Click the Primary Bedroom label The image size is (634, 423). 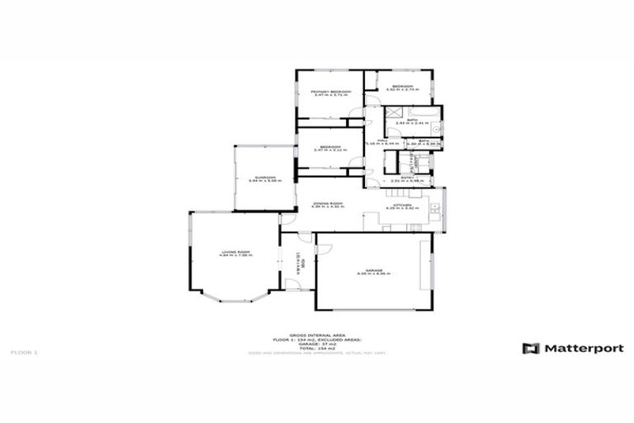click(330, 91)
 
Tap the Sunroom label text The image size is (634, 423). click(264, 177)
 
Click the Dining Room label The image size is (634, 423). click(328, 203)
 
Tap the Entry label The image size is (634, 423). click(408, 177)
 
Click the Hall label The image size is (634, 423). click(382, 140)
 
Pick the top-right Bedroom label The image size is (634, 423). click(402, 87)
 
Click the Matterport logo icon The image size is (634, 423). click(531, 349)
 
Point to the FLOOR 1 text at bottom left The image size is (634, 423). click(25, 353)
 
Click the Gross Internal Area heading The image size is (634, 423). click(317, 335)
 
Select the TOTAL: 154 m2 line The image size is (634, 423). click(317, 349)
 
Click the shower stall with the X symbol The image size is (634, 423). click(394, 114)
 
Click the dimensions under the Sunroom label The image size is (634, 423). click(264, 181)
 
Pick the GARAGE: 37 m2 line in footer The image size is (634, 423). click(317, 344)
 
